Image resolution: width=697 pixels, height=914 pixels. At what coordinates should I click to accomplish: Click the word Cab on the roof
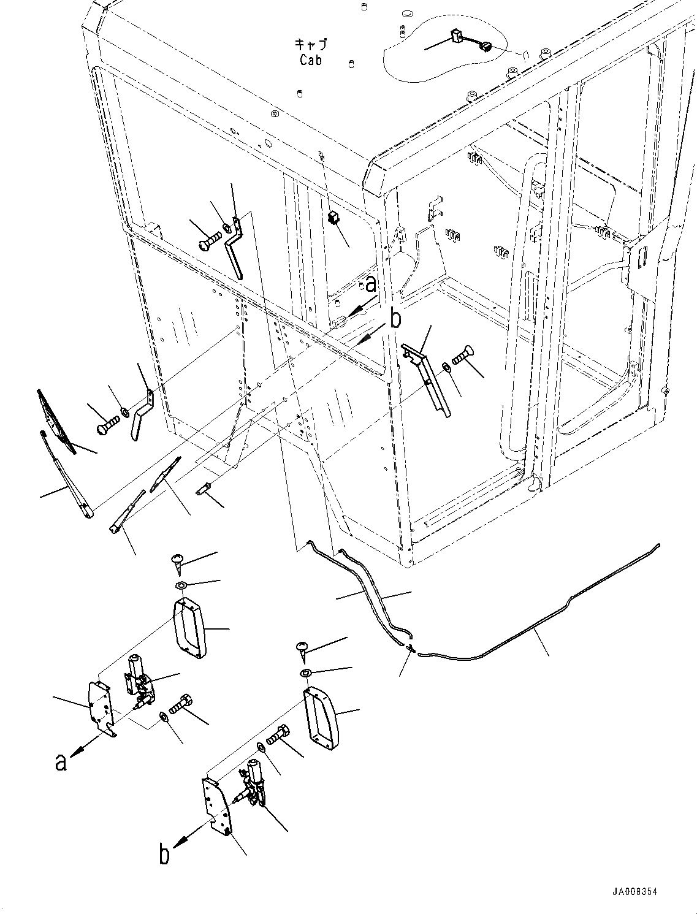[x=311, y=60]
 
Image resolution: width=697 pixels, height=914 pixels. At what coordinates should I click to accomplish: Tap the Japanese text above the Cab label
[x=311, y=45]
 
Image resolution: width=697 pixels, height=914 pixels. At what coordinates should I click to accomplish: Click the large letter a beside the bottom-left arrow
[x=60, y=761]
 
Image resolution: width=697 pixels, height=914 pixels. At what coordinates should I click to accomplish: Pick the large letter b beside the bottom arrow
[x=164, y=854]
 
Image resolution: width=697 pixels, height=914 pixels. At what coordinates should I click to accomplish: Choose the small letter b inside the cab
[x=397, y=318]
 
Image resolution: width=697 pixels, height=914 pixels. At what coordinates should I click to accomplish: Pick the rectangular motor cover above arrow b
[x=320, y=719]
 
